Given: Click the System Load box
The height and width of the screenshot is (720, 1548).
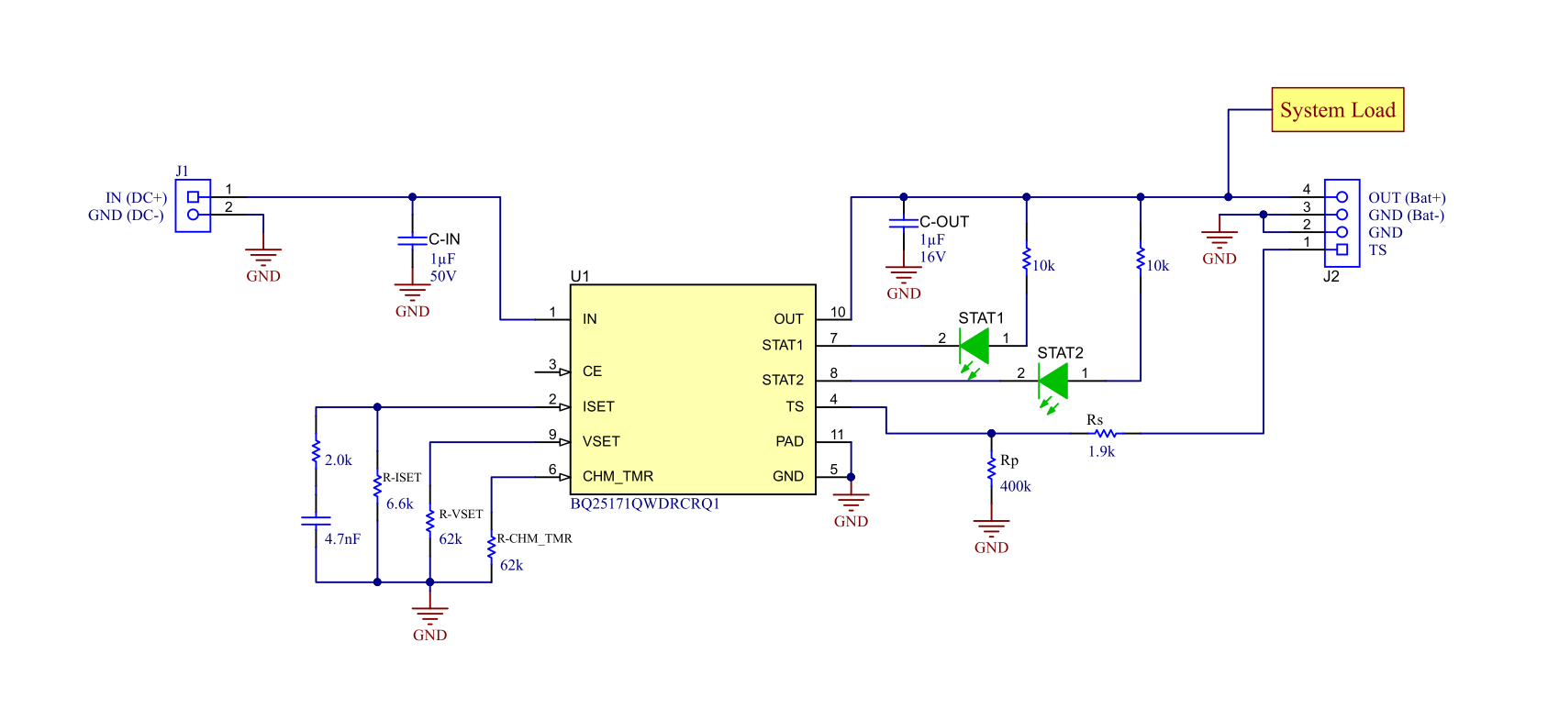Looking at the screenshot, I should (1337, 110).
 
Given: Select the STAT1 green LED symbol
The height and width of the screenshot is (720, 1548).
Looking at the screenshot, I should (974, 347).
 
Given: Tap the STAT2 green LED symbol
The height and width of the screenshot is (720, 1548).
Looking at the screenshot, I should (1053, 381).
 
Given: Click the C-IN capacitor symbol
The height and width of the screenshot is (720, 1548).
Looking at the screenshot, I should (412, 240).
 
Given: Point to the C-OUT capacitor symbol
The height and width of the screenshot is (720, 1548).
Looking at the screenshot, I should (903, 223).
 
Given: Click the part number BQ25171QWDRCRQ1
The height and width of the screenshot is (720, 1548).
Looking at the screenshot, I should (644, 504).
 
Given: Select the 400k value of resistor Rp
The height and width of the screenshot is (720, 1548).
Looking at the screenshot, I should (1015, 486).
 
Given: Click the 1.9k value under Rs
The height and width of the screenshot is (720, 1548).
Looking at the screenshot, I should (1101, 451).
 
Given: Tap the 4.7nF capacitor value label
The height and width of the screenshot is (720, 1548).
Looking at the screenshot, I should (341, 539).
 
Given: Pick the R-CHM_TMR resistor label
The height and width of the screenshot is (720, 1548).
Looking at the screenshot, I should (534, 538).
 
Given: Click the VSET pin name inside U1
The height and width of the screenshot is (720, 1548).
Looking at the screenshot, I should (601, 441).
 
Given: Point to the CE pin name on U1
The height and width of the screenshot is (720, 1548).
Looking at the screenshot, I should (592, 371).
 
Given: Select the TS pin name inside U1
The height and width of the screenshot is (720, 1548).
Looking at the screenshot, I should (794, 406).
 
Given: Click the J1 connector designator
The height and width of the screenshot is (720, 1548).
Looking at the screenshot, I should (182, 171).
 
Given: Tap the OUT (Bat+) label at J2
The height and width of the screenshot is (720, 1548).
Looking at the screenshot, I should (1406, 197).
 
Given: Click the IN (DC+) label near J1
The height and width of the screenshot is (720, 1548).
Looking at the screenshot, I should (136, 197).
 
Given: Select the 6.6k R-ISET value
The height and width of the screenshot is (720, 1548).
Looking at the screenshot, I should (399, 504).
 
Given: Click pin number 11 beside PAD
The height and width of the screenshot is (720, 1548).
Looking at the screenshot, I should (837, 434).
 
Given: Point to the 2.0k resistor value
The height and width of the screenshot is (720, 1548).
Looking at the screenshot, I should (338, 460).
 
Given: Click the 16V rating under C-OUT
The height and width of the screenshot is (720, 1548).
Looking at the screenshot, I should (932, 257).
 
